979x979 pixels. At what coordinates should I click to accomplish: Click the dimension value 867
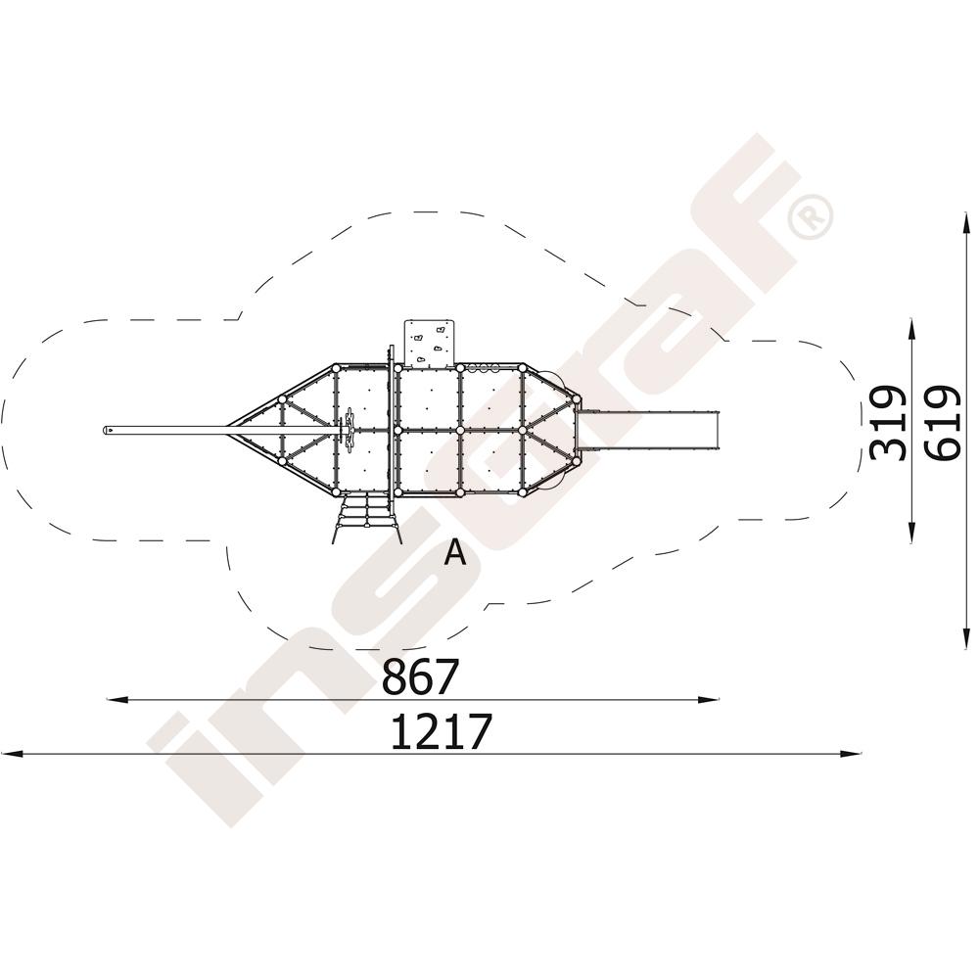tap(420, 676)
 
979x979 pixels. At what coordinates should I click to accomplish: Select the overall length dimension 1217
tap(442, 731)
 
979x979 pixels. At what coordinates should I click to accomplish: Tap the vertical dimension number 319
tap(888, 423)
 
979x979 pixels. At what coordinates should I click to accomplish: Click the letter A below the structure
tap(455, 552)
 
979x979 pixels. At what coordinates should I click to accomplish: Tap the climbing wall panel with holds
tap(430, 343)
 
